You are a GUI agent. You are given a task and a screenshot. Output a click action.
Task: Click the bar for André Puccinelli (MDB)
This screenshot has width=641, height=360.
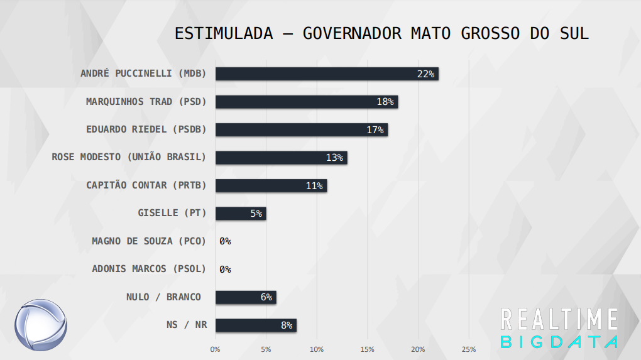[x=327, y=74]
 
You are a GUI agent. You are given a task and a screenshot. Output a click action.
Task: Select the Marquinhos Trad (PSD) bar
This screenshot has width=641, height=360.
[x=307, y=102]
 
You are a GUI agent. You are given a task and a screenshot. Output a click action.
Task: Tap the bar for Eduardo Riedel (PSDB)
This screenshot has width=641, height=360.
[x=302, y=129]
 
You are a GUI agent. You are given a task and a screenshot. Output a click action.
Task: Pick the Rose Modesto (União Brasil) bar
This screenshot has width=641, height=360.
[x=281, y=157]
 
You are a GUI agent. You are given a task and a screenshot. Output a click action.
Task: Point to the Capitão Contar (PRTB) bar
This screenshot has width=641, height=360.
[x=271, y=185]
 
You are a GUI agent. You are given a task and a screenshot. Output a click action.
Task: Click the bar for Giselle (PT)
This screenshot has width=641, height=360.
[x=241, y=213]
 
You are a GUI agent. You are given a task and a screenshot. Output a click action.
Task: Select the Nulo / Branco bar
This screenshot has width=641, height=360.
[x=246, y=297]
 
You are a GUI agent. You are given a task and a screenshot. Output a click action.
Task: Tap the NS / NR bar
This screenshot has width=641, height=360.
[x=256, y=325]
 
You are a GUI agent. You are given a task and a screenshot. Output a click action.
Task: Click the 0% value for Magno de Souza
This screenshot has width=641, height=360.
[x=225, y=241]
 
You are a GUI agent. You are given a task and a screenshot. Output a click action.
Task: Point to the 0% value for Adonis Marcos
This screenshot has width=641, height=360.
[x=225, y=270]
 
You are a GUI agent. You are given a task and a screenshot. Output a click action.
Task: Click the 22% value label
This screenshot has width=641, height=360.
[x=425, y=74]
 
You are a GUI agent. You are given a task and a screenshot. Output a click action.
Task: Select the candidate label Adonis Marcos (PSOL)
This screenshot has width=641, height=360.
[x=149, y=269]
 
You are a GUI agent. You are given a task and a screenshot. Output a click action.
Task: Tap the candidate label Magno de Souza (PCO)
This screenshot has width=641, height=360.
[x=149, y=241]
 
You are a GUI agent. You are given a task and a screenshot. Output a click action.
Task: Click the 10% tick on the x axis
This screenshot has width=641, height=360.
[x=317, y=349]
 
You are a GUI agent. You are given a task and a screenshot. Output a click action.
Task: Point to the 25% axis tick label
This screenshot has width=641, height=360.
[x=469, y=349]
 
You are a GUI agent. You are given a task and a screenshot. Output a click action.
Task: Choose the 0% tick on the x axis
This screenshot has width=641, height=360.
[x=216, y=349]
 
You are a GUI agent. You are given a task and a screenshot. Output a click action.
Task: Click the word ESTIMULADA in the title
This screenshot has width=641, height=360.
[x=224, y=33]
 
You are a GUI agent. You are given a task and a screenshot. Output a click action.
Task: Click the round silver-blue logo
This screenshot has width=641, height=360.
[x=41, y=325]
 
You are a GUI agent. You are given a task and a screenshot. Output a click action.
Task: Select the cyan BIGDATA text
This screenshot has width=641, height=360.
[x=559, y=342]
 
